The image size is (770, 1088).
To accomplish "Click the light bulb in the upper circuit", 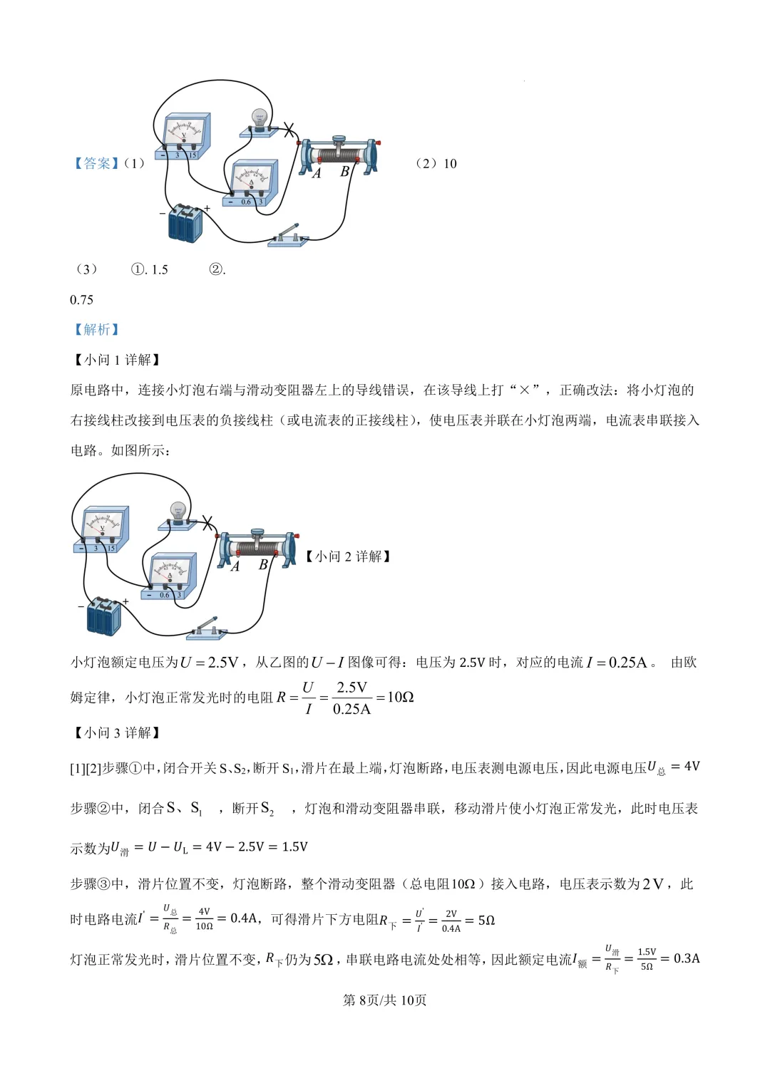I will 260,120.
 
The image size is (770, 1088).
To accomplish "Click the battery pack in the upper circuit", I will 185,222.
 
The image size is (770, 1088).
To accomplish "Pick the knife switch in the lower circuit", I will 207,628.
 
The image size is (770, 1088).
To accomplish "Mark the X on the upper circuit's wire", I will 289,130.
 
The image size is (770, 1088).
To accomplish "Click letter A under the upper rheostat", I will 317,173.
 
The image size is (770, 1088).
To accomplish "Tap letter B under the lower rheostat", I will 263,564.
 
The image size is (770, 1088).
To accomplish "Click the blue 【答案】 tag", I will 96,164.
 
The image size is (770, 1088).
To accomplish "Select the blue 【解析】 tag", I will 96,329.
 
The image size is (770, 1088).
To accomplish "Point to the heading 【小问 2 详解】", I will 348,556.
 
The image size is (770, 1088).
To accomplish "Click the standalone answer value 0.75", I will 82,300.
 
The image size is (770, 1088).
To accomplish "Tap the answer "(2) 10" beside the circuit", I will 436,164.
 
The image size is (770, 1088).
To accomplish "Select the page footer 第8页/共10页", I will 385,1000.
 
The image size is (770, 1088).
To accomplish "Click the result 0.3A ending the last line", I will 687,958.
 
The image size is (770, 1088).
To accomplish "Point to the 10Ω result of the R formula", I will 400,697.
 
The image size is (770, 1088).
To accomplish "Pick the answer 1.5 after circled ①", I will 160,269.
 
